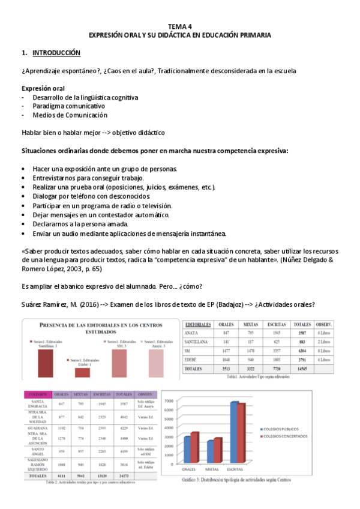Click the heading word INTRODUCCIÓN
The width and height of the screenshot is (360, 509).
pyautogui.click(x=56, y=53)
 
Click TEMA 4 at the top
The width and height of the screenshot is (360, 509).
pyautogui.click(x=179, y=27)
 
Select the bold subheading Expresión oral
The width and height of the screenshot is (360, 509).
pyautogui.click(x=43, y=88)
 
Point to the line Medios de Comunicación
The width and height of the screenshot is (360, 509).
pyautogui.click(x=70, y=115)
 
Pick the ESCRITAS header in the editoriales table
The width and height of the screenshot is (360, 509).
pyautogui.click(x=276, y=324)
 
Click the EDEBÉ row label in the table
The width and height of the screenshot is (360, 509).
pyautogui.click(x=192, y=360)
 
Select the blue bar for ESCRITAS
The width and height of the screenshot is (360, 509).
pyautogui.click(x=235, y=432)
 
